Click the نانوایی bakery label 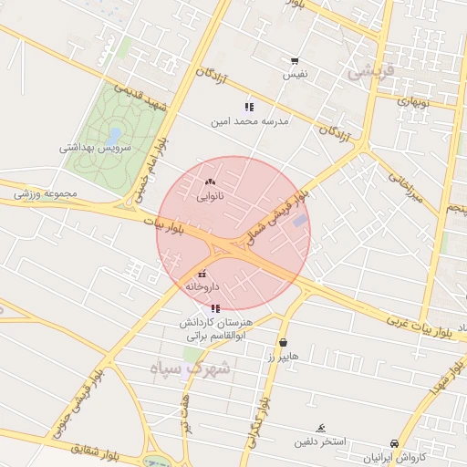click(211, 195)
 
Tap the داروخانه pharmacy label click(202, 286)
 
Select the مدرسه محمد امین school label click(249, 120)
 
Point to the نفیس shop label click(295, 73)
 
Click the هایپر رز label click(283, 356)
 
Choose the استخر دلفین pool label click(319, 442)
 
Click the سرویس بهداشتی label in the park click(96, 147)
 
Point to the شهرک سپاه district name click(192, 369)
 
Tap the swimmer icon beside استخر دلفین click(320, 429)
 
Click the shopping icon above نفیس click(295, 60)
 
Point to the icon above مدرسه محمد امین click(249, 107)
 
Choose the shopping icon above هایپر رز click(283, 342)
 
